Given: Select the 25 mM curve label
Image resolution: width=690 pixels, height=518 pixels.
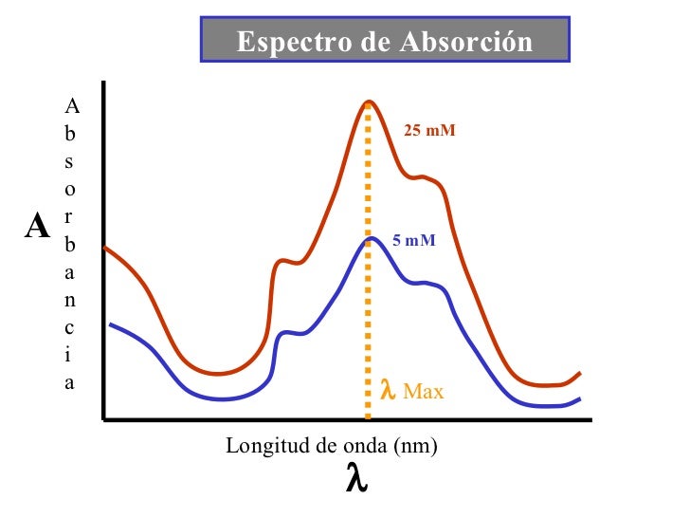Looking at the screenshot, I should pos(429,130).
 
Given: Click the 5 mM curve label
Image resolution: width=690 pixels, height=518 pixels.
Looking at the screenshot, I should pos(414,241).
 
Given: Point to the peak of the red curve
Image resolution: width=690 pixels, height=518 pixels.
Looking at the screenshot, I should pos(368,102).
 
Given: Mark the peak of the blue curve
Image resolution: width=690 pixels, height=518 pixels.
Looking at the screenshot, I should pos(370,238).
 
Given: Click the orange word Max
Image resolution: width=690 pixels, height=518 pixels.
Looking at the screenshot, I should pos(423,390).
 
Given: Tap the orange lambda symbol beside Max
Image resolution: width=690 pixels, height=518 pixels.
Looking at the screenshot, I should pos(387,389).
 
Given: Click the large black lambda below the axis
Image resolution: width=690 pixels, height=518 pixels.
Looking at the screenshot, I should pos(355,479).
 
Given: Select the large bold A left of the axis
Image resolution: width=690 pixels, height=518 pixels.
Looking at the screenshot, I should pos(38,228).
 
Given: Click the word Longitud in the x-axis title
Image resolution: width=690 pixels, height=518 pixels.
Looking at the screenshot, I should pos(259,445).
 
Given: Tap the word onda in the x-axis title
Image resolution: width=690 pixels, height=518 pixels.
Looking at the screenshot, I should pos(361,445).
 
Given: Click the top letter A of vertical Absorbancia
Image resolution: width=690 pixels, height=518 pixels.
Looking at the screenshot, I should pos(71,107).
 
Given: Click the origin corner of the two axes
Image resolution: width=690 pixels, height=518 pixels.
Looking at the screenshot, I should pos(101,418).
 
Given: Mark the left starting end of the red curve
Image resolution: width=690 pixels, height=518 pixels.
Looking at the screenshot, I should pos(104,248).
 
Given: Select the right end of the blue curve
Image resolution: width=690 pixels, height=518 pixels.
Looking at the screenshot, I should pos(579,398).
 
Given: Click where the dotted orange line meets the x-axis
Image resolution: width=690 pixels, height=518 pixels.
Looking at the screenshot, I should pos(368,417).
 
